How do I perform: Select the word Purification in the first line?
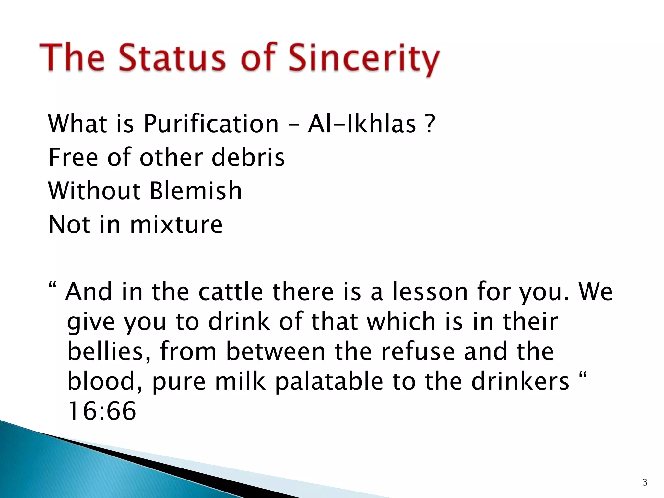pos(211,124)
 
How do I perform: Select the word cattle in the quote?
pos(231,291)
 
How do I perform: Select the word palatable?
pos(329,382)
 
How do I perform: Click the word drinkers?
pos(520,382)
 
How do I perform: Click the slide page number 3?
pos(645,482)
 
